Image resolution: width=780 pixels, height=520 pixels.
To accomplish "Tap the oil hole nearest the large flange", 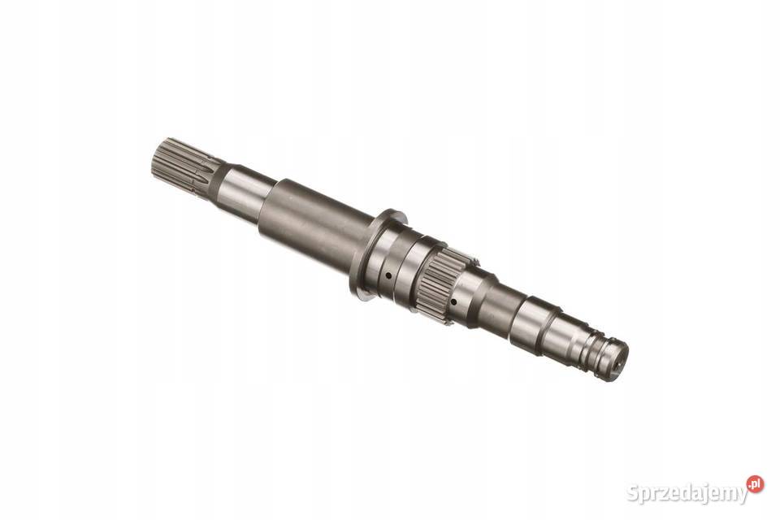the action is pos(388,275).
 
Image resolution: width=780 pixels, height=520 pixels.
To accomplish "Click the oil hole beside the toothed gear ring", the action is pos(453,301).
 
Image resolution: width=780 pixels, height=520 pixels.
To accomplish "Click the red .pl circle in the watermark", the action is pos(755,484).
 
